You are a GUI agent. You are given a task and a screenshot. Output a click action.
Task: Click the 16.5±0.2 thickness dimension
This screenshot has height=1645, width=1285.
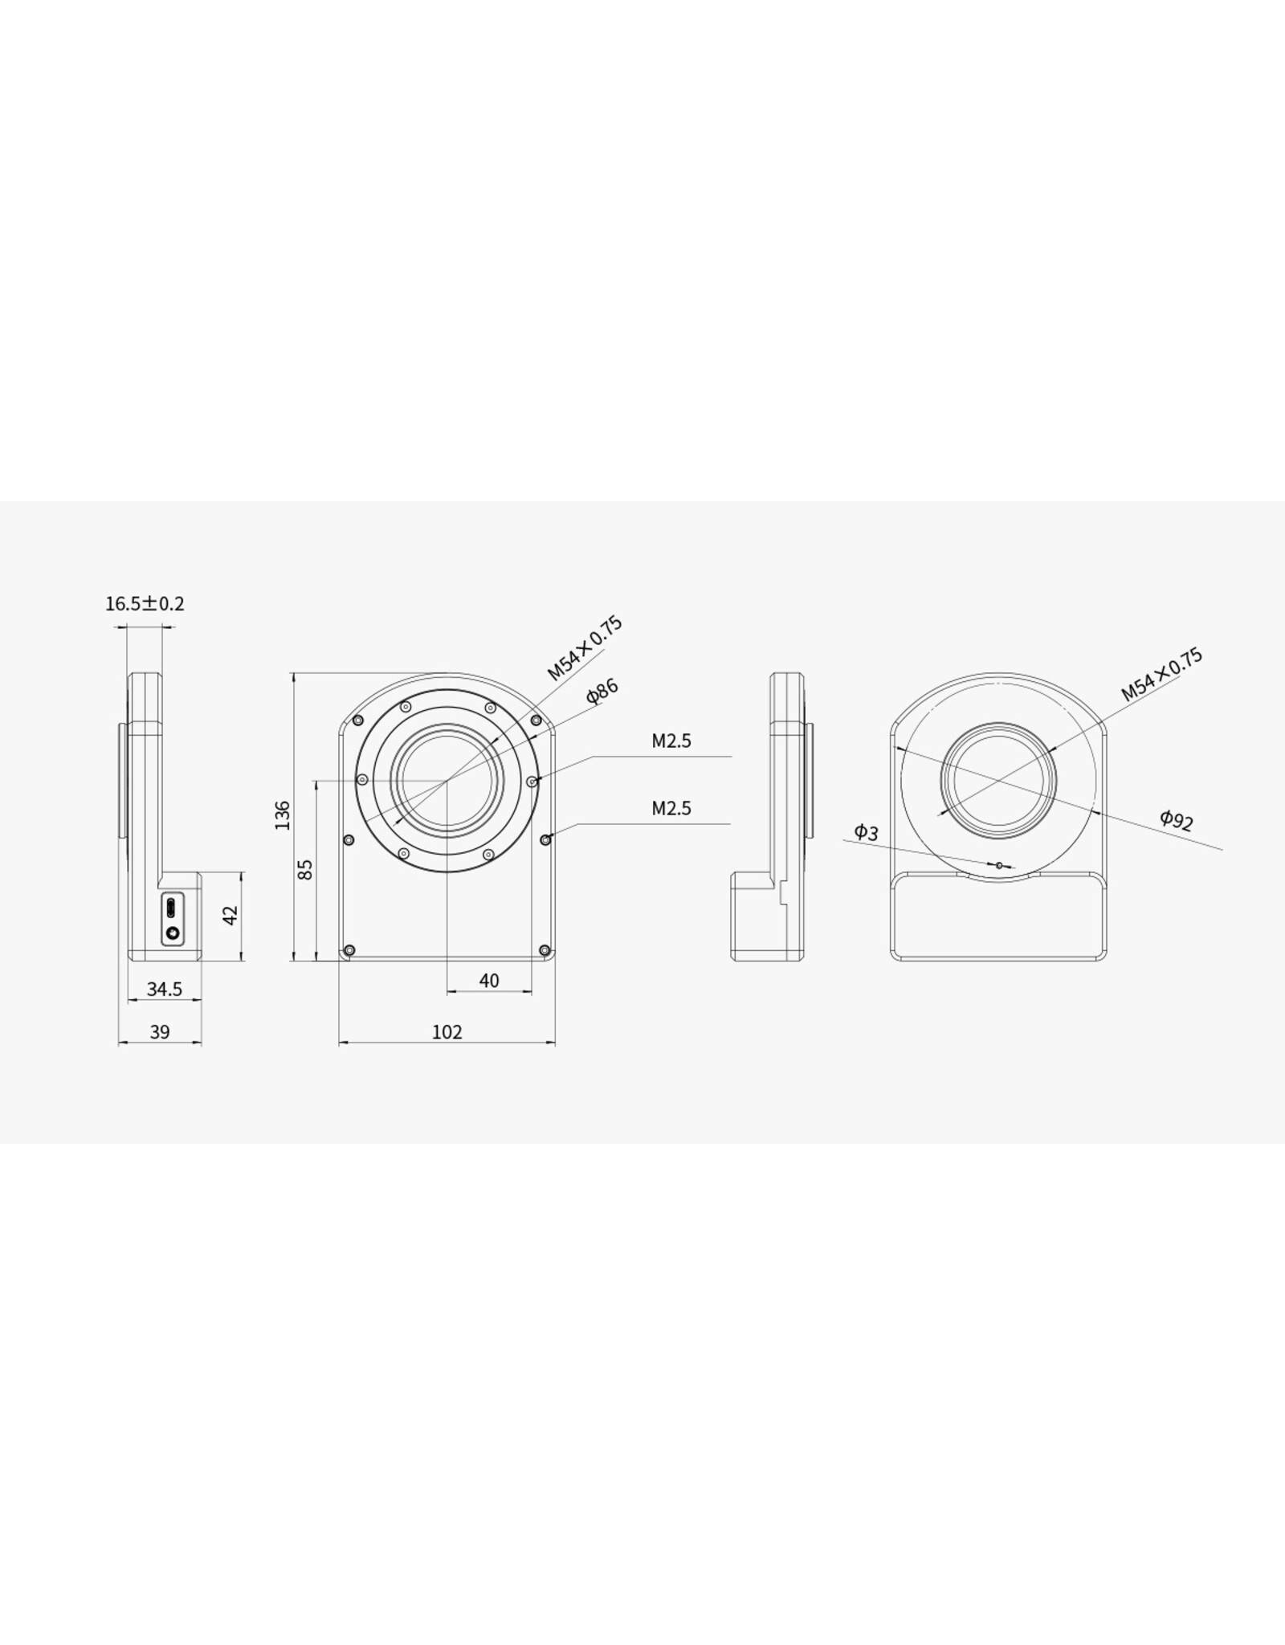pos(145,603)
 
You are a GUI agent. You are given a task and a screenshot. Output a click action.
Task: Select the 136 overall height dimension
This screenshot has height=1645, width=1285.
pos(283,815)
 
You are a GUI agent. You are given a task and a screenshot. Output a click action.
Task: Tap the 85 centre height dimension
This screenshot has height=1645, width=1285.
pos(305,869)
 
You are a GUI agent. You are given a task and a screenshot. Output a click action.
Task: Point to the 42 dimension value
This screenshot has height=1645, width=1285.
pos(231,915)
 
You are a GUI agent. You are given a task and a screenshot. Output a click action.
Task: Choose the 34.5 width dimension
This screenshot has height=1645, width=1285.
pos(165,990)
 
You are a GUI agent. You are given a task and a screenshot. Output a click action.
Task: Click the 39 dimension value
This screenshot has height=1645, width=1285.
pos(160,1032)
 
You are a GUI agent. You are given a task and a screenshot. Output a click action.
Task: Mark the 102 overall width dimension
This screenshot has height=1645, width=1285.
pos(447,1032)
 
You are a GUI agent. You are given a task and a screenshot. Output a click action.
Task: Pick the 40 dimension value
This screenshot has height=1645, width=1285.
pos(489,981)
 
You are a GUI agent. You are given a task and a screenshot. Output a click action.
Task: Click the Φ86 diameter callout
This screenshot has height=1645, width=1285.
pos(602,692)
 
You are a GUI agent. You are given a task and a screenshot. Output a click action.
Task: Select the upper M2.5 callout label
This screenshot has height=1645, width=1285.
pos(671,741)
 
